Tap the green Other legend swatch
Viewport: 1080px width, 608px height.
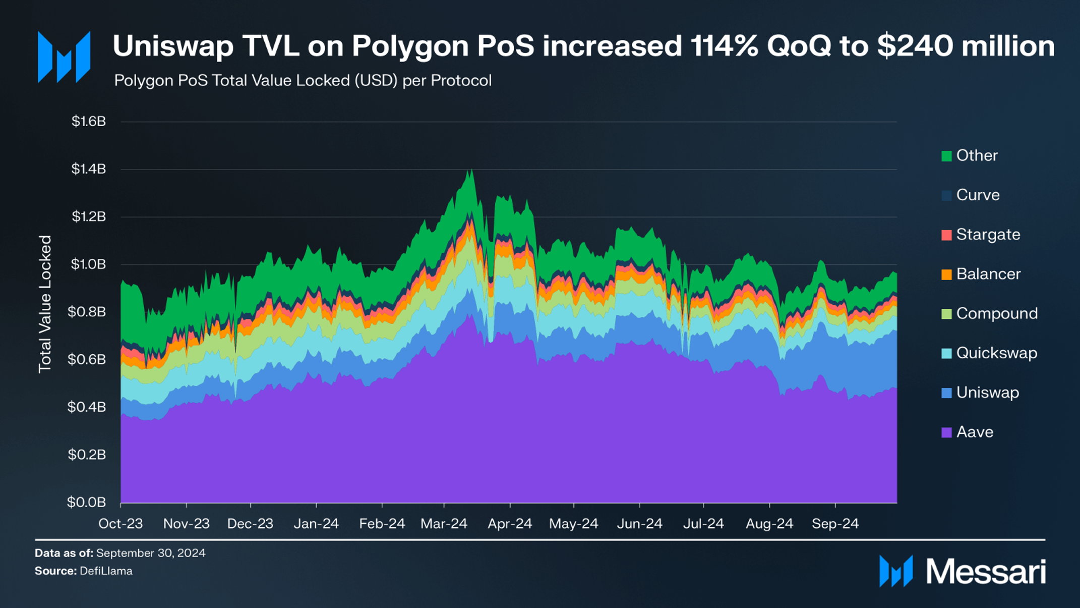click(x=946, y=156)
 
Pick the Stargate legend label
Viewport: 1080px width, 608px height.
click(x=988, y=235)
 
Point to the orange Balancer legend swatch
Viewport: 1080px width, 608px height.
click(x=946, y=274)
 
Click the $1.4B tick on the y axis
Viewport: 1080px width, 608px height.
click(x=89, y=169)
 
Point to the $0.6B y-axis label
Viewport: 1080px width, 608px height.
click(x=87, y=359)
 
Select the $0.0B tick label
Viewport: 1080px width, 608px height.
click(x=87, y=502)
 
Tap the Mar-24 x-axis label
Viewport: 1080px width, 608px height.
click(x=444, y=524)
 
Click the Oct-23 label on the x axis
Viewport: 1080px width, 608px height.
click(x=121, y=524)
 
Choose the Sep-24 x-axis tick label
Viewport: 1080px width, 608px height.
click(x=835, y=524)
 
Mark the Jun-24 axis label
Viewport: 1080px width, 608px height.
click(x=639, y=524)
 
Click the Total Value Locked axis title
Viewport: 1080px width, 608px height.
click(x=45, y=304)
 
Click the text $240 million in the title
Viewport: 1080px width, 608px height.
click(x=966, y=46)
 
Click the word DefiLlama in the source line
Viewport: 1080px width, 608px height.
click(x=106, y=571)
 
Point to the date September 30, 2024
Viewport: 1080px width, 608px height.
click(x=151, y=553)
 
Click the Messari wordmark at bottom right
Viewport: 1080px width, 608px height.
click(x=986, y=572)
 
